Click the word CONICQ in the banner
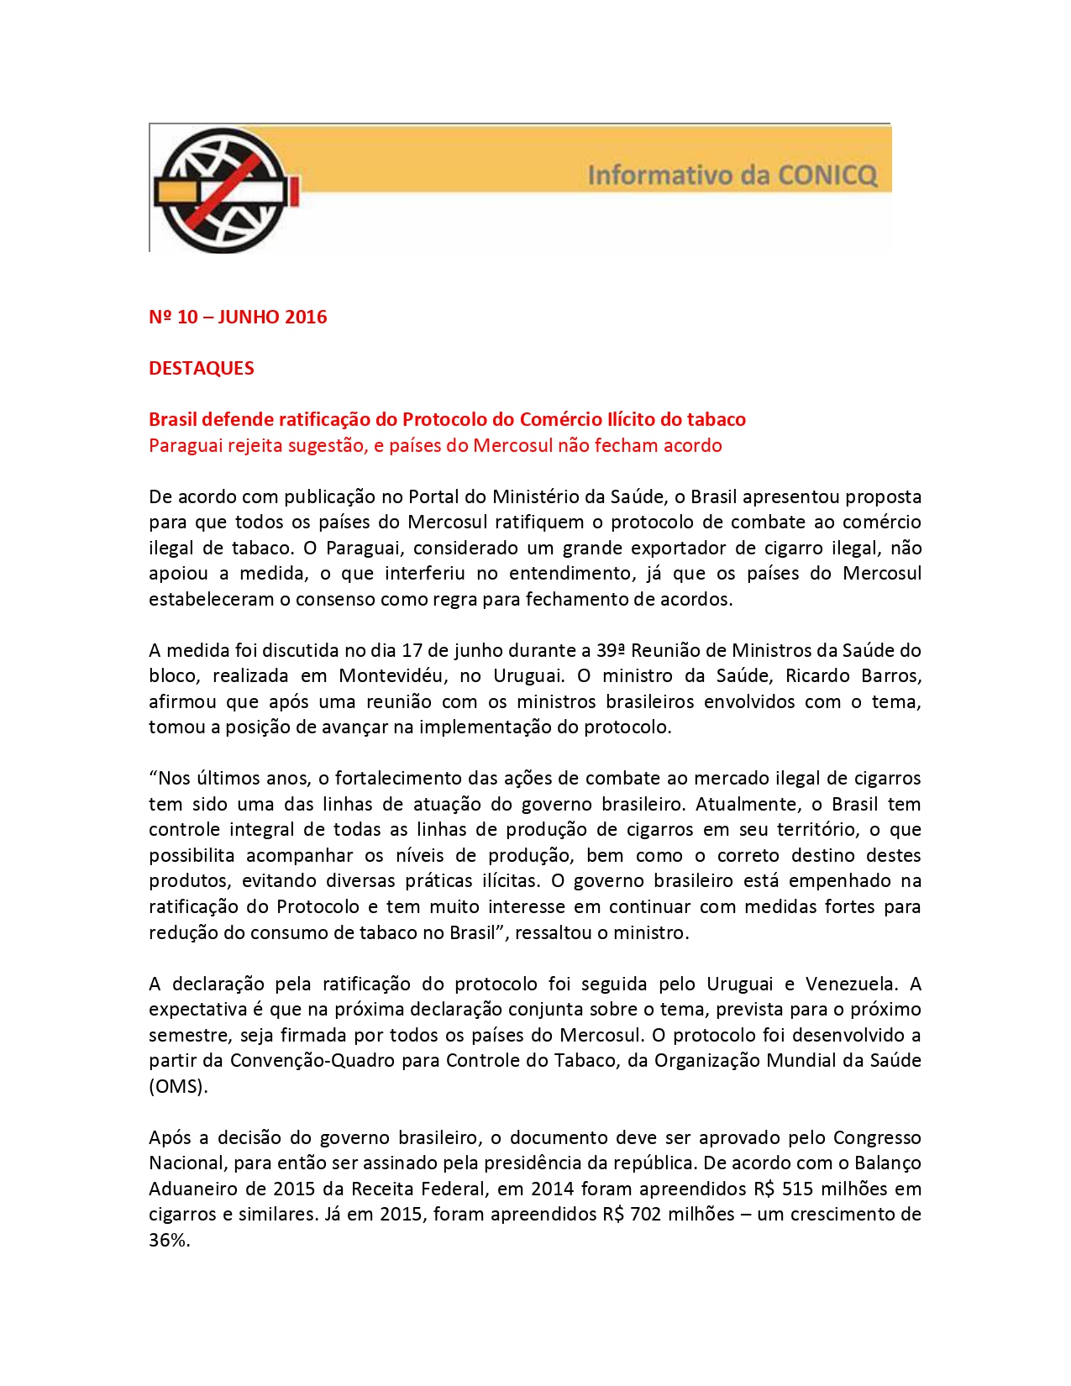(x=827, y=176)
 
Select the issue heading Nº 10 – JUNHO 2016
(x=238, y=318)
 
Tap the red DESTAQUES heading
(x=202, y=369)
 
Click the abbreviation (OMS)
(x=178, y=1087)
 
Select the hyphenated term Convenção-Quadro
(x=312, y=1061)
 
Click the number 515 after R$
(x=798, y=1189)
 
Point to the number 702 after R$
(x=646, y=1215)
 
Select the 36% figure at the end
(x=169, y=1241)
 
